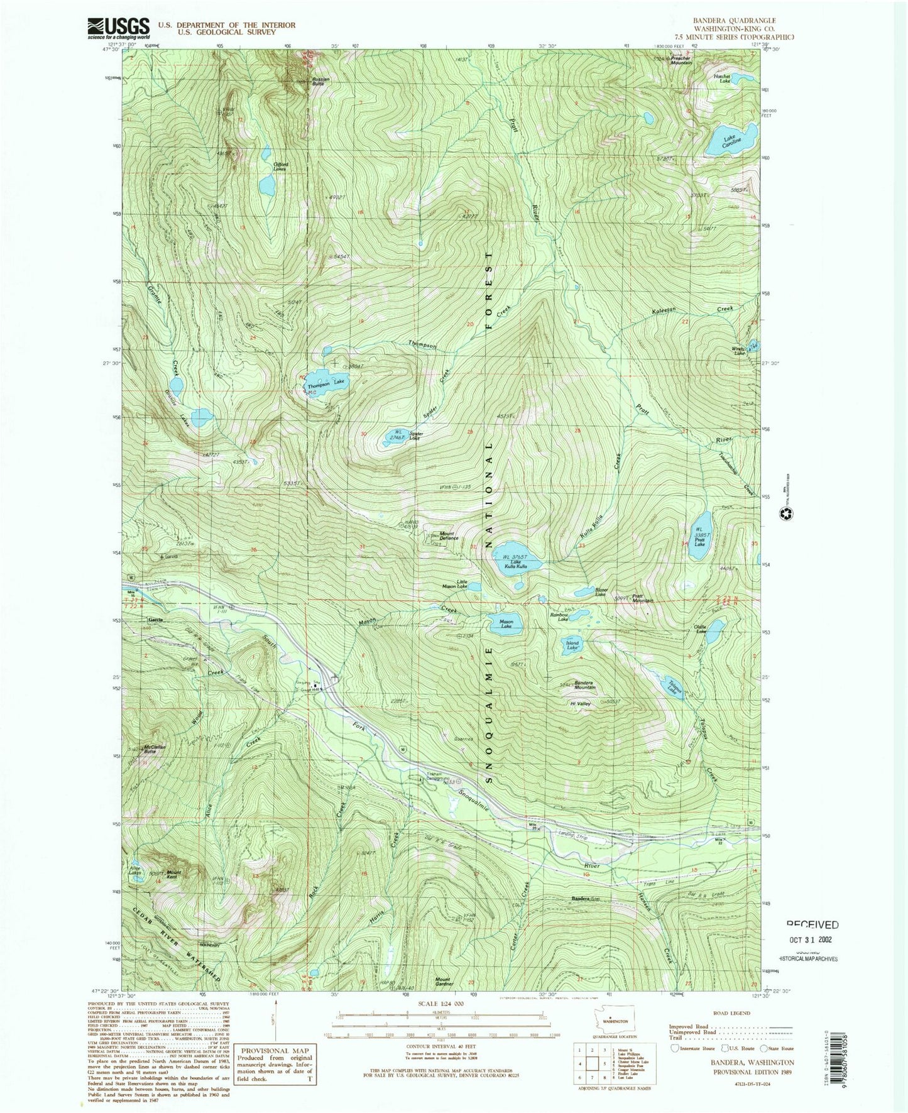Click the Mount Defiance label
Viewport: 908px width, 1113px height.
point(449,535)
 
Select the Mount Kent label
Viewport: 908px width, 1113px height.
point(173,874)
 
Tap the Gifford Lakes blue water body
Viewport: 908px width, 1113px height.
point(266,184)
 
